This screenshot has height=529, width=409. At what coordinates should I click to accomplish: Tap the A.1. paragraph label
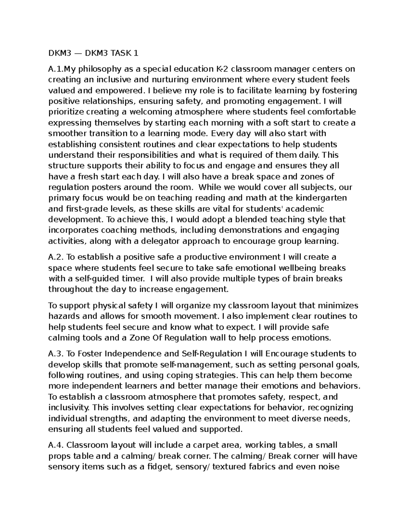[x=56, y=69]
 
